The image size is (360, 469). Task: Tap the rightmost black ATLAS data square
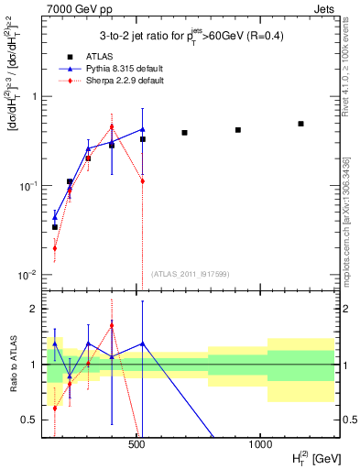pyautogui.click(x=300, y=124)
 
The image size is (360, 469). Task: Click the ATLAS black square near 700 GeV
pyautogui.click(x=184, y=133)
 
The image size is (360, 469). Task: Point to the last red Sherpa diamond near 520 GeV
pyautogui.click(x=143, y=181)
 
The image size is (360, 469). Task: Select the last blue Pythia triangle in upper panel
pyautogui.click(x=143, y=129)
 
